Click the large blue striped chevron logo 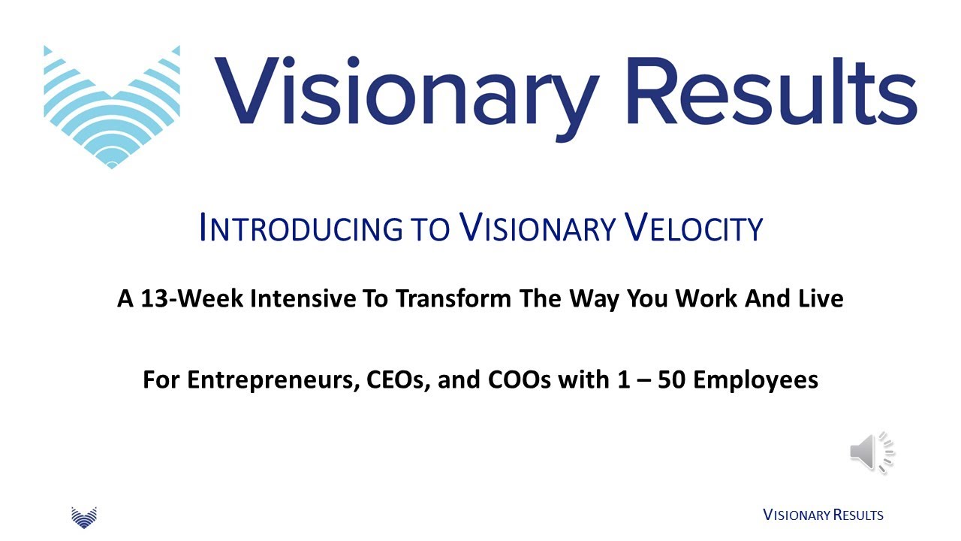(112, 106)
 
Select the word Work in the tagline (705, 299)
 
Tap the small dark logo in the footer (84, 516)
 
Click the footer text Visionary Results (823, 515)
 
